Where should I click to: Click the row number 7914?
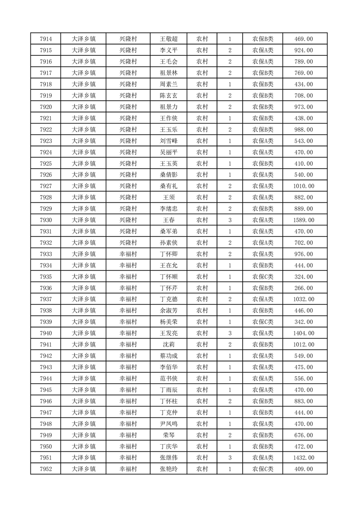coord(46,39)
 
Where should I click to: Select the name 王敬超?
coord(169,39)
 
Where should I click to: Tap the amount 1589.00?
coord(304,220)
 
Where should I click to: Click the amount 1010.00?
coord(304,186)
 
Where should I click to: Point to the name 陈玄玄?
coord(169,96)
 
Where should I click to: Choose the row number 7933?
coord(46,254)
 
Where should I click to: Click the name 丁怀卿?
coord(169,254)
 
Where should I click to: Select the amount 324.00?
coord(304,277)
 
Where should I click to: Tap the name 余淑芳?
coord(169,311)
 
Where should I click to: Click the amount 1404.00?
coord(304,333)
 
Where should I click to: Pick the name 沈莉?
coord(169,345)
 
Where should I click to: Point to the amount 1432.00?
coord(304,458)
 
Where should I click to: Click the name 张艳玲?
coord(169,469)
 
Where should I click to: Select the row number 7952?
coord(46,469)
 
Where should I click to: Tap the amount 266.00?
coord(304,288)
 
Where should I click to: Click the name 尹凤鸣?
coord(169,424)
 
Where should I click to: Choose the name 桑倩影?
coord(169,175)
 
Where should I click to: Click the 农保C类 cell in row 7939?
coord(262,322)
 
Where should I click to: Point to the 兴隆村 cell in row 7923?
coord(128,141)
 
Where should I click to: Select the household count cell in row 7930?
coord(230,220)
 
